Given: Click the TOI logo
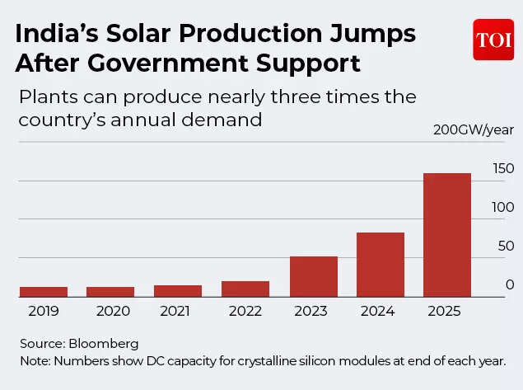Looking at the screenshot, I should tap(493, 40).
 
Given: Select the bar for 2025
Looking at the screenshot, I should tap(446, 235).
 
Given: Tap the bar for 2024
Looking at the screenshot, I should tap(380, 265).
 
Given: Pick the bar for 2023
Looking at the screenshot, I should tap(313, 277).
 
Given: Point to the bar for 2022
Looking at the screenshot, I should tap(245, 289).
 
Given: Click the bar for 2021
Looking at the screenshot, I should tap(178, 291).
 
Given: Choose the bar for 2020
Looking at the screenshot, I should tap(110, 292).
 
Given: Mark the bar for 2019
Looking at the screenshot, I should tap(44, 292).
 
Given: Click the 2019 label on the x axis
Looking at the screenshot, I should tap(44, 312).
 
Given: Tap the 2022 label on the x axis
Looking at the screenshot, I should tap(245, 312).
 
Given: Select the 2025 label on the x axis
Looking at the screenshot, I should tap(446, 312).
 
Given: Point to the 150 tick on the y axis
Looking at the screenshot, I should tap(503, 169).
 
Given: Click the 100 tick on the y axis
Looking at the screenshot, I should tap(503, 208).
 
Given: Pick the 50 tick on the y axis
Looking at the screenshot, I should tap(505, 247).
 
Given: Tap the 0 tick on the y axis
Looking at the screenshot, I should tap(510, 284).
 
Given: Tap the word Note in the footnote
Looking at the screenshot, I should tap(34, 361).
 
